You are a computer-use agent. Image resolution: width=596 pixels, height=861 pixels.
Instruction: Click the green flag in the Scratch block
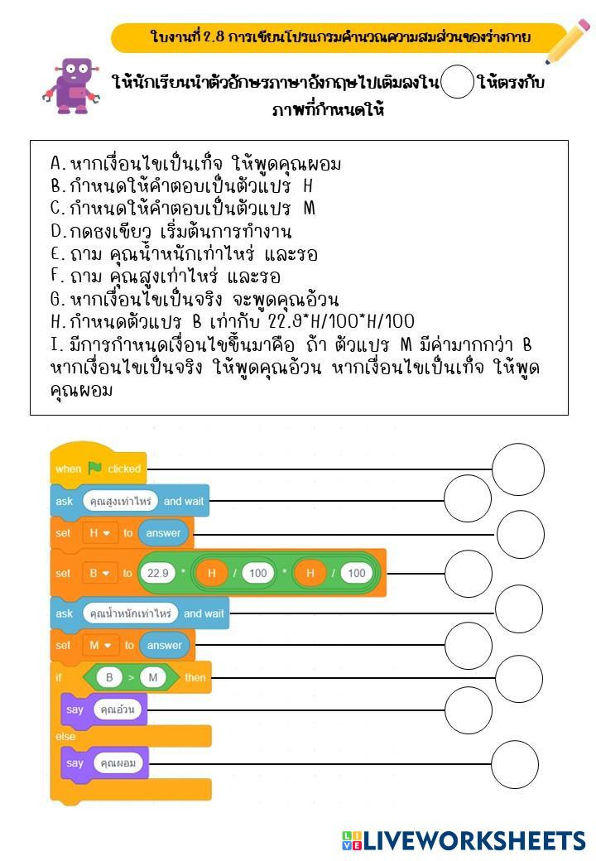tap(95, 469)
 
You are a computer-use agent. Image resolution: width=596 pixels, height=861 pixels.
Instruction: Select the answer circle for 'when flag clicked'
tap(517, 469)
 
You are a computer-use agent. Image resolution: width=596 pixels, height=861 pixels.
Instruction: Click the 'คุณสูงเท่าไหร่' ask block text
tap(119, 500)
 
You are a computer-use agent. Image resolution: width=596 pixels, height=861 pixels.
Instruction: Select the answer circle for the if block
tap(518, 677)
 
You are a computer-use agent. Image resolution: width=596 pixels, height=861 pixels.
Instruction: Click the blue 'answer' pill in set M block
tap(164, 645)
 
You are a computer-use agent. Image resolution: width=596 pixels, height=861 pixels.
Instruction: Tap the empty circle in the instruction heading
tap(456, 83)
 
